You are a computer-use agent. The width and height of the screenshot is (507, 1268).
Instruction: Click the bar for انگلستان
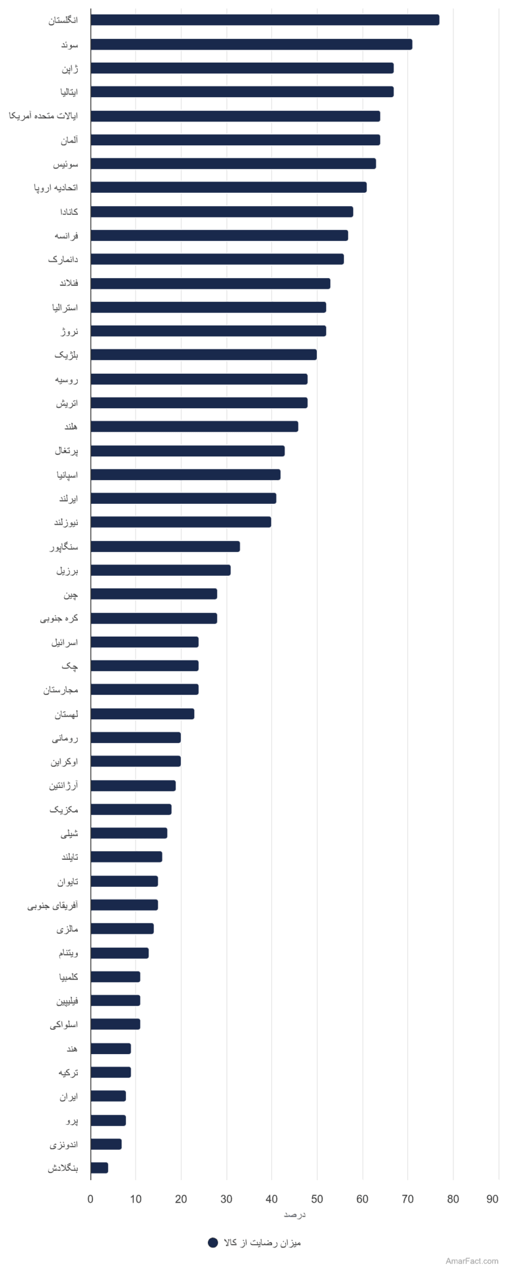[x=265, y=20]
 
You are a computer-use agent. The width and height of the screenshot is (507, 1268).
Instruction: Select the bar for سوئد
[x=252, y=44]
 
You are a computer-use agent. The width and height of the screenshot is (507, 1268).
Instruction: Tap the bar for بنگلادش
[x=100, y=1168]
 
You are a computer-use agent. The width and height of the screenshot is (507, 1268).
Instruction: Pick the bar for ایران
[x=108, y=1096]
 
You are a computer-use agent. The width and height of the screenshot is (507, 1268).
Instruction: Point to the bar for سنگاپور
[x=166, y=546]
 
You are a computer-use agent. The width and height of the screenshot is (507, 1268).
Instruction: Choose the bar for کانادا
[x=222, y=211]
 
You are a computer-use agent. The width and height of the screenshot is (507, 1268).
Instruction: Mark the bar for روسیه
[x=199, y=379]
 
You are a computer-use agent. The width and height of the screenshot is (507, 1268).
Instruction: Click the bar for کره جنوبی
[x=154, y=618]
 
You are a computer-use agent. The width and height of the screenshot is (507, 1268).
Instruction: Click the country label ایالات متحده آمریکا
[x=43, y=116]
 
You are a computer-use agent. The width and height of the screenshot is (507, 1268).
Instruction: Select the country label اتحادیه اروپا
[x=56, y=188]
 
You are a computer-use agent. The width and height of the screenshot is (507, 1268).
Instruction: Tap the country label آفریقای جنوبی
[x=53, y=905]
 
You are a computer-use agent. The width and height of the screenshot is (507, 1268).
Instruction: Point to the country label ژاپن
[x=69, y=69]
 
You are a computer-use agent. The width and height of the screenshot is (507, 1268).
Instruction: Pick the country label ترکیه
[x=68, y=1073]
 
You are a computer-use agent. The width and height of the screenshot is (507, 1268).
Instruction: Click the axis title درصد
[x=294, y=1215]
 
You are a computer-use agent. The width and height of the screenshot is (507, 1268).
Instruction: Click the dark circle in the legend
[x=213, y=1242]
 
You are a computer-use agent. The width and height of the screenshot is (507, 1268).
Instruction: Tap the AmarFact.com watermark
[x=472, y=1261]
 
